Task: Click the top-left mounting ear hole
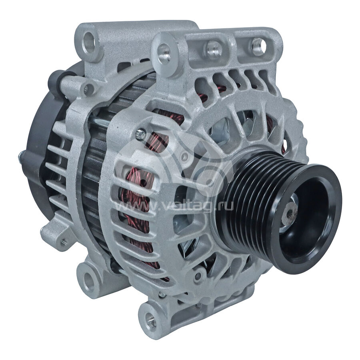(x=88, y=42)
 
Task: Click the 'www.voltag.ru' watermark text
(x=174, y=205)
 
